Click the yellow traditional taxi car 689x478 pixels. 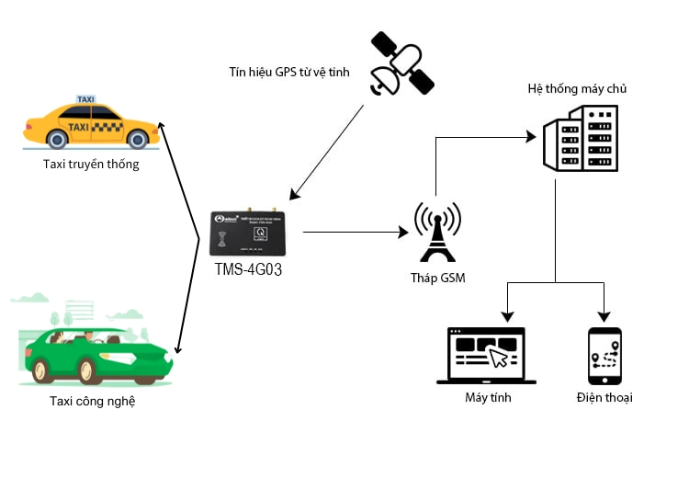coord(87,124)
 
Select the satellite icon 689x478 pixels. coord(401,64)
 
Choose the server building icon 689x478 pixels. coord(580,138)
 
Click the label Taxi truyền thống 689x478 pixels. coord(91,165)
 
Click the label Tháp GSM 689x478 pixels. coord(438,278)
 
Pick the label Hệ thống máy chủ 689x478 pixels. coord(577,89)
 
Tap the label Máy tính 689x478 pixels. coord(488,398)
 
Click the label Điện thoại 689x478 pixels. coord(604,398)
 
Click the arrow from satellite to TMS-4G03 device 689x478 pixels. coord(327,151)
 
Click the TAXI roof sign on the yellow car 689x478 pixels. coord(85,99)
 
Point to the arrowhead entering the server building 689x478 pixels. coord(530,138)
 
